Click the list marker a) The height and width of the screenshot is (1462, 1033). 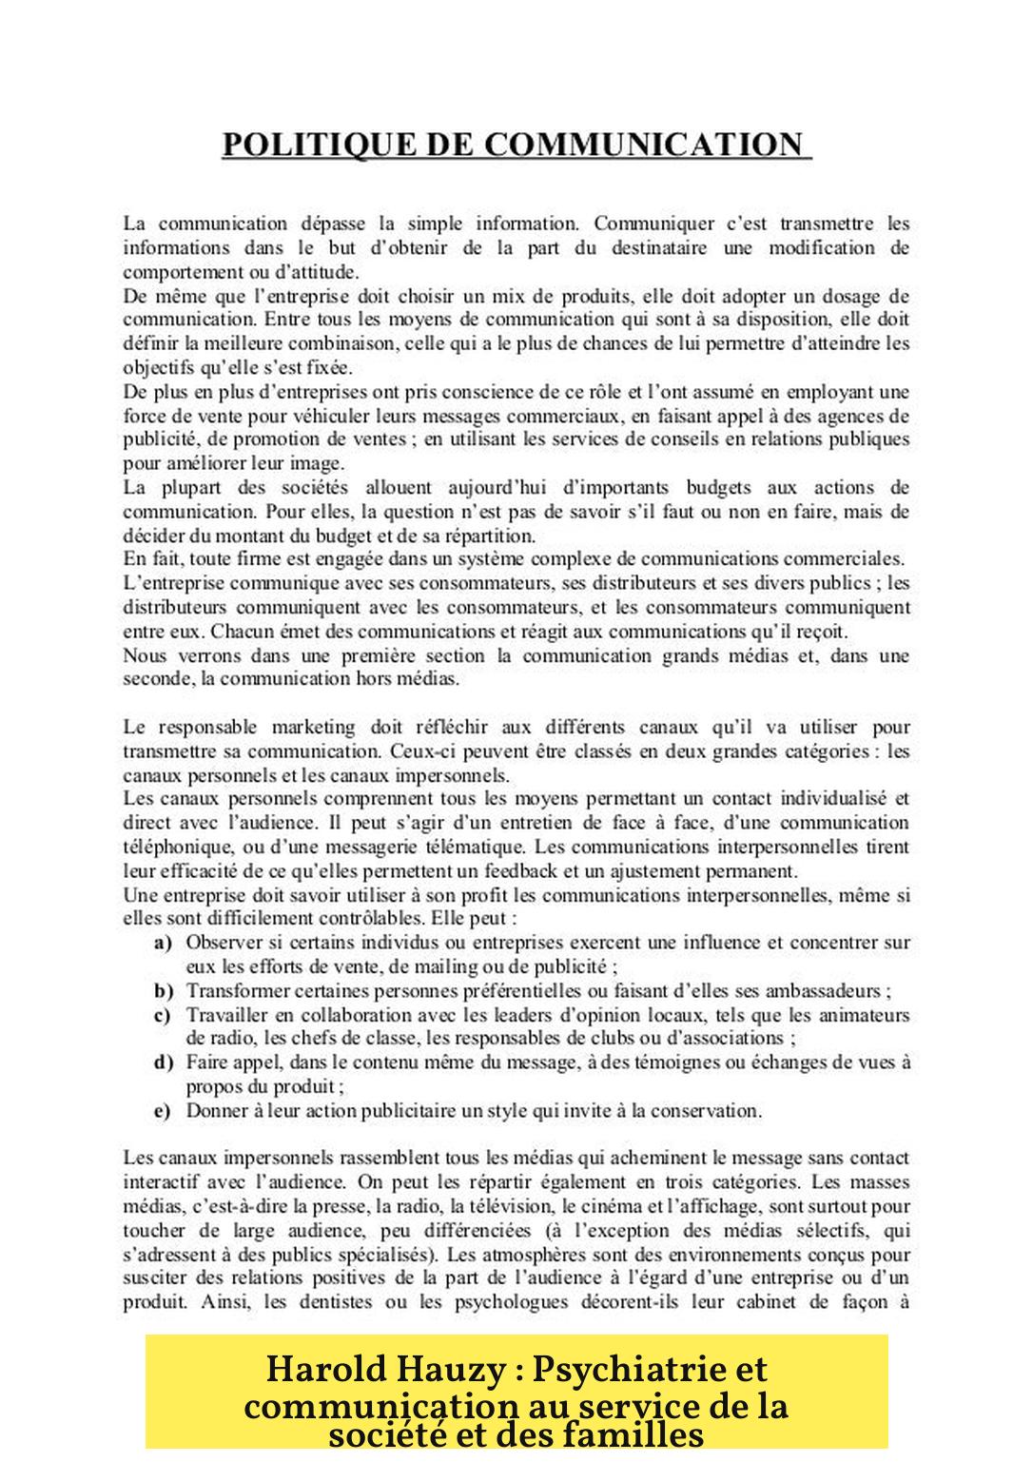163,943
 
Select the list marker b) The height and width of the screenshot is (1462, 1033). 163,990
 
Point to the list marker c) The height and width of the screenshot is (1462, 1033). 163,1015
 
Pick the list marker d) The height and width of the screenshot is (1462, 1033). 163,1062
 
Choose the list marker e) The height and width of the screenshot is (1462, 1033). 163,1110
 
